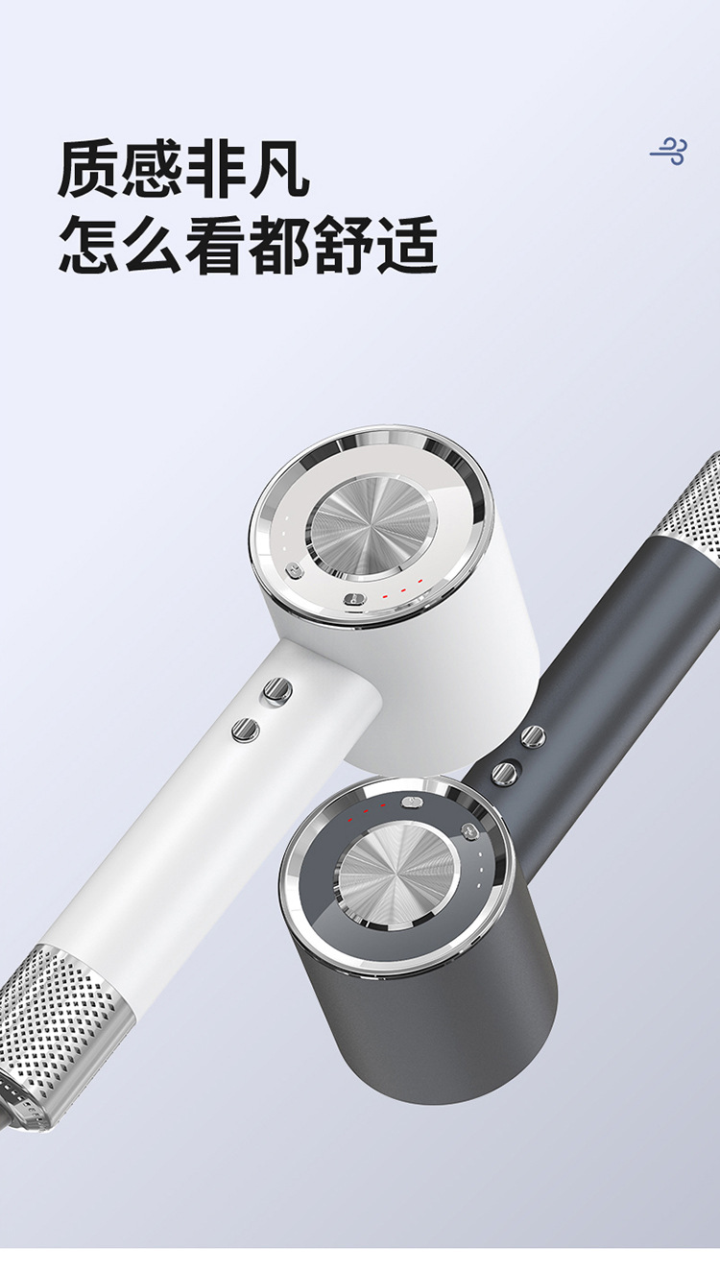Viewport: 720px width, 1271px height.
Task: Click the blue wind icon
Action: click(668, 152)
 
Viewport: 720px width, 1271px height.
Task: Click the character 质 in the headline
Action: click(88, 170)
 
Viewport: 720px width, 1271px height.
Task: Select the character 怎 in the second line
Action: click(88, 245)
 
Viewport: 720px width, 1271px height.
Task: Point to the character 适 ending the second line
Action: click(408, 245)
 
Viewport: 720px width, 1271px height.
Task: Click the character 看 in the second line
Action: click(216, 245)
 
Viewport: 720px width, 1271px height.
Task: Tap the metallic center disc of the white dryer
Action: click(372, 528)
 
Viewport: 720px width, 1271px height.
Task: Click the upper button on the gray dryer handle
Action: click(533, 737)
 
